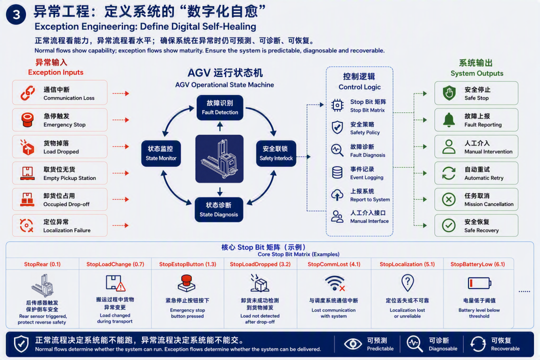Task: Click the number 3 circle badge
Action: point(16,14)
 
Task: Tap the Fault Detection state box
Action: point(219,108)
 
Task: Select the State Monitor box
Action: point(161,153)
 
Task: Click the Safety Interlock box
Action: point(276,153)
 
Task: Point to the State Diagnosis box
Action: point(218,209)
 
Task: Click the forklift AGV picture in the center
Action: point(219,159)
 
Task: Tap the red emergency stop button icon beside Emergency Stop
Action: point(27,120)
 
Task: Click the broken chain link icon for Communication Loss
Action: point(27,93)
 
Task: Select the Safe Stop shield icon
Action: point(449,93)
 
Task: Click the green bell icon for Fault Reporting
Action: point(448,120)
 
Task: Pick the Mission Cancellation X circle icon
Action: point(448,199)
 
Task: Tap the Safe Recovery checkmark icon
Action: point(448,225)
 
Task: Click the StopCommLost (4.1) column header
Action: point(333,264)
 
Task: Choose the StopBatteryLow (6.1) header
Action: point(477,264)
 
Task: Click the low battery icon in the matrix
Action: point(479,283)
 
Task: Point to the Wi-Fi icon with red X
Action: point(334,283)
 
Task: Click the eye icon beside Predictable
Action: point(352,344)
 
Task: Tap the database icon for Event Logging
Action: point(337,172)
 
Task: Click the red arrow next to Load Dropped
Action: point(120,147)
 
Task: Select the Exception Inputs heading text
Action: point(56,72)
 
